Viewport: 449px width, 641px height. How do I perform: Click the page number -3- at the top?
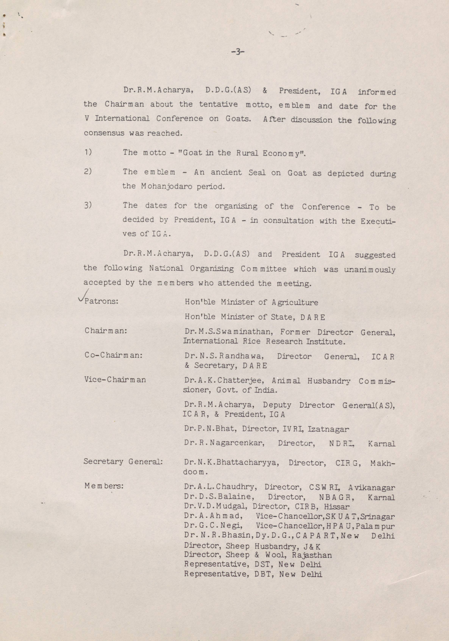click(237, 52)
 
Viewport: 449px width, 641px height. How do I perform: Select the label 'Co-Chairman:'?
click(114, 355)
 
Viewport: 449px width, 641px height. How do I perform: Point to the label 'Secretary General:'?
click(123, 462)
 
